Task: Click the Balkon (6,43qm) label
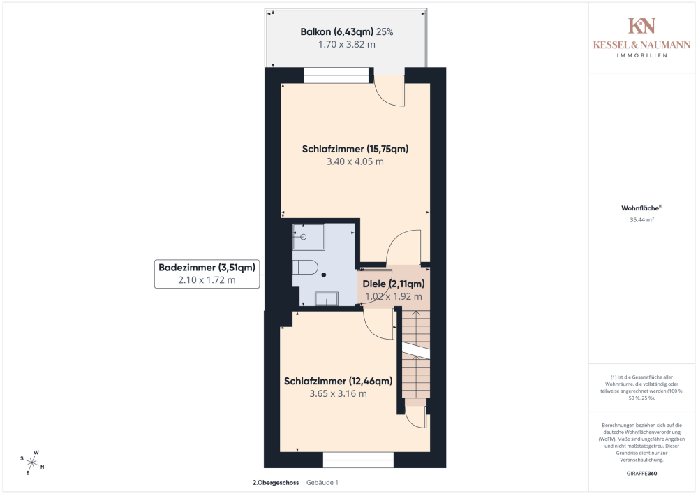pos(336,31)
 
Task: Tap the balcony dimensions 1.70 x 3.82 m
pos(346,44)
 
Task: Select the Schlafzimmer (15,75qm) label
pos(355,149)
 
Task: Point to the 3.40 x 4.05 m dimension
pos(355,161)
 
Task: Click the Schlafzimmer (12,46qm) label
pos(339,381)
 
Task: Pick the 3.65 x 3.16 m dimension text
pos(339,393)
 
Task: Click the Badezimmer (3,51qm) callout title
pos(207,268)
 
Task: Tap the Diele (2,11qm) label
pos(394,284)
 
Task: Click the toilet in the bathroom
pos(305,268)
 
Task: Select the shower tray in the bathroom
pos(309,237)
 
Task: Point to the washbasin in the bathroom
pos(326,298)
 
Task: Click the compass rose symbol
pos(32,463)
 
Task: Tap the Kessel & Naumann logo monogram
pos(641,26)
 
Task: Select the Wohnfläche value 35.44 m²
pos(641,219)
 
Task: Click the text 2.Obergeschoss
pos(276,482)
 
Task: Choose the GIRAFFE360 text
pos(641,474)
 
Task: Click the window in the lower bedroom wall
pos(358,460)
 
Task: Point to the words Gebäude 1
pos(322,482)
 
